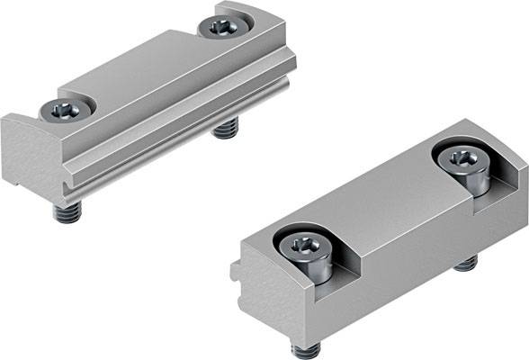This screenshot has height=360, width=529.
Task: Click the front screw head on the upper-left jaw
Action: (x=67, y=110)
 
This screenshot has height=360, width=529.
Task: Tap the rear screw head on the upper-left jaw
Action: (x=220, y=27)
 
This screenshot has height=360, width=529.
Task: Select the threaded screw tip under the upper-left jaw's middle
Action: (x=224, y=130)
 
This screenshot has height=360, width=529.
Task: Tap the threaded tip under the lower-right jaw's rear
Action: (x=465, y=263)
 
